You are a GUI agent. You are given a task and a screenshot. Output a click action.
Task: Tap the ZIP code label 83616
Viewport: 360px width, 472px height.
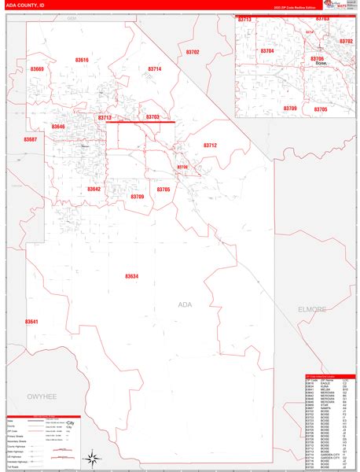point(82,60)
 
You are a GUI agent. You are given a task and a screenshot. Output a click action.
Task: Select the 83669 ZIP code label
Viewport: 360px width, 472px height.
point(38,69)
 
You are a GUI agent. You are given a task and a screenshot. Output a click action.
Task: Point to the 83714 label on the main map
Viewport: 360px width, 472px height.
point(155,69)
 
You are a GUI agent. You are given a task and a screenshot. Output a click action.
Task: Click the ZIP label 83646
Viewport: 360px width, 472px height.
point(58,127)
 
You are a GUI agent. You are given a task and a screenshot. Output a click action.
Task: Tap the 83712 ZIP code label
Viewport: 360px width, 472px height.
point(210,145)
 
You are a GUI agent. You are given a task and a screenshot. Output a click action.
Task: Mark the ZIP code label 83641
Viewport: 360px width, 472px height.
point(31,322)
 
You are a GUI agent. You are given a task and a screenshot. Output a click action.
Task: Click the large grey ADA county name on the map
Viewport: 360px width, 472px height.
point(186,304)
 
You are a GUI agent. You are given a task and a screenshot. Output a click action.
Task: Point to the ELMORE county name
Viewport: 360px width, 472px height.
point(312,309)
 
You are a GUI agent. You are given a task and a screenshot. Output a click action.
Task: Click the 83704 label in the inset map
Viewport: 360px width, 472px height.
point(266,50)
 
